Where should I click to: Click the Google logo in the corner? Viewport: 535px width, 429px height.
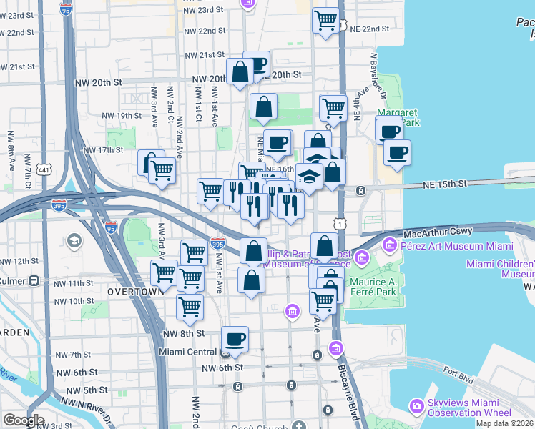24,420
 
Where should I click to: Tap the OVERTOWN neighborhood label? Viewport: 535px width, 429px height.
132,292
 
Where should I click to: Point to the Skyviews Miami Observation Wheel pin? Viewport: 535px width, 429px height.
418,405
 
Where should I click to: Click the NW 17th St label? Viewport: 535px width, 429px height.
104,150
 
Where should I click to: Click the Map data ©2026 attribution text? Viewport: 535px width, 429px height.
505,423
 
